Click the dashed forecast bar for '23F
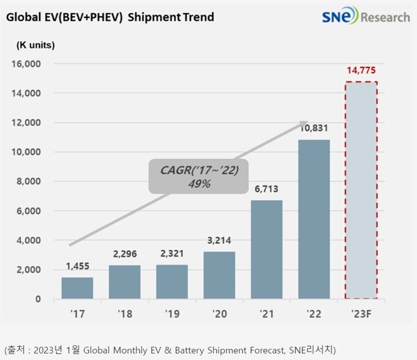[x=361, y=190]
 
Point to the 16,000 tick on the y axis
[x=28, y=64]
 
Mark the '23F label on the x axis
[x=361, y=313]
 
